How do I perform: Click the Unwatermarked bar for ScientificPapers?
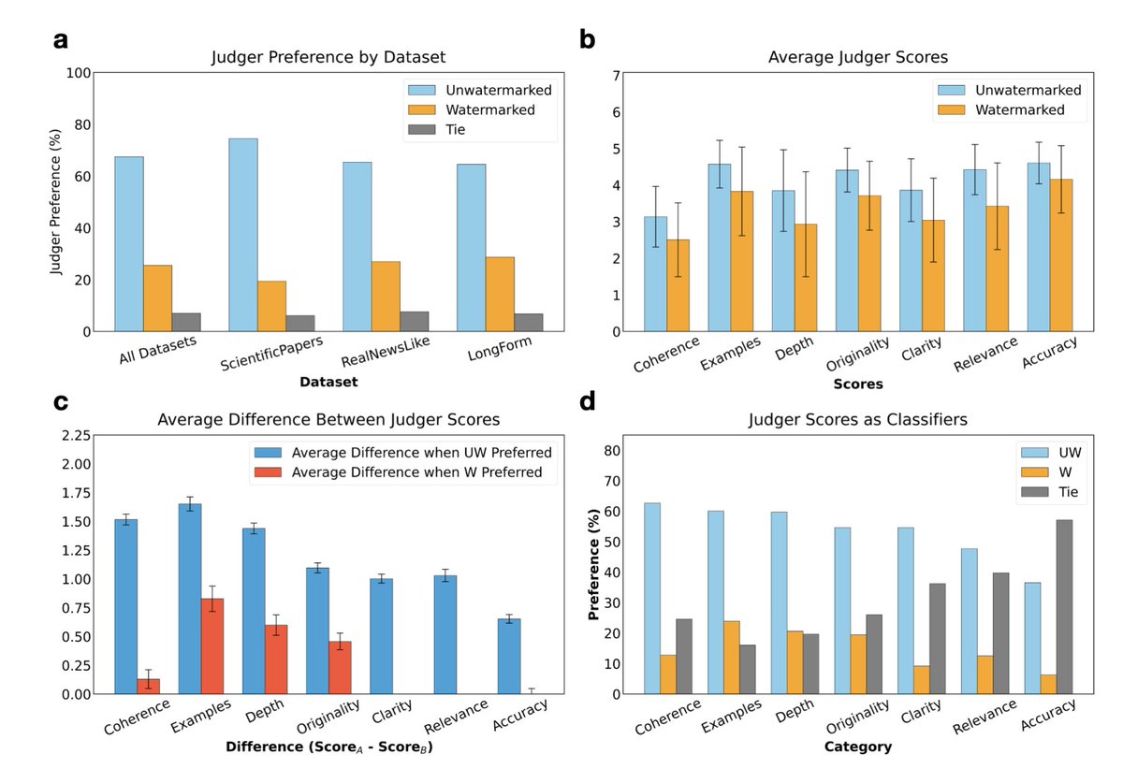point(243,235)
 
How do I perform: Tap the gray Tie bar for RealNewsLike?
point(414,321)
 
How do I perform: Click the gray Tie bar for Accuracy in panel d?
point(1065,607)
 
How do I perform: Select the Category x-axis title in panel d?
point(859,747)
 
